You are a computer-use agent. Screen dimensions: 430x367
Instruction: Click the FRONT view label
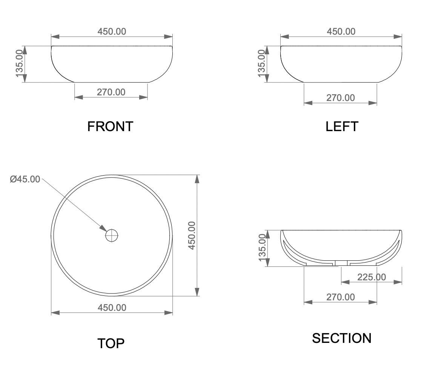tap(110, 127)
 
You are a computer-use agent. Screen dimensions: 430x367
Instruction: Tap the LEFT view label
tap(342, 127)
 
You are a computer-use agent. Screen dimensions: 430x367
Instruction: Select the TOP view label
tap(111, 343)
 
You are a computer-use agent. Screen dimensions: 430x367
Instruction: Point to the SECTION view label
tap(342, 338)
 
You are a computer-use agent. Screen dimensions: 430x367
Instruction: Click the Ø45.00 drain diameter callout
tap(25, 179)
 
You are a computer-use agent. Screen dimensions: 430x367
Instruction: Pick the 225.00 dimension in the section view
tap(372, 277)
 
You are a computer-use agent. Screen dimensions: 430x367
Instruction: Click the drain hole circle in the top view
tap(112, 235)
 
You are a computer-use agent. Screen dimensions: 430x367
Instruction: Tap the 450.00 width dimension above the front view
tap(112, 32)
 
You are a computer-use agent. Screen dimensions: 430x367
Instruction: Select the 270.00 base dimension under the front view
tap(111, 92)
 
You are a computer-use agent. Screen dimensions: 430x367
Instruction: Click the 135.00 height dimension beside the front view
tap(20, 64)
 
